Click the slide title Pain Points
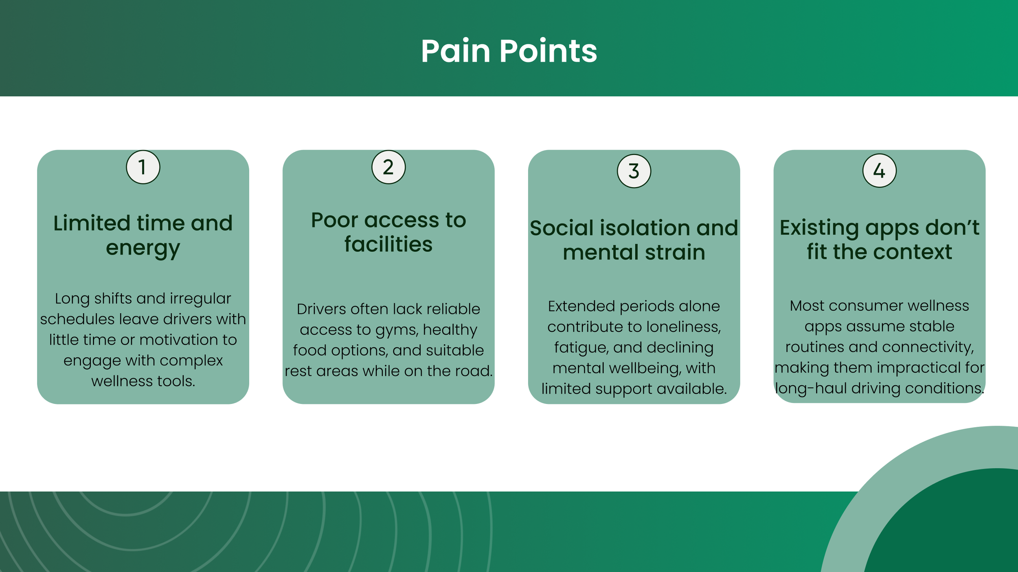tap(509, 51)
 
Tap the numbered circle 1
tap(143, 167)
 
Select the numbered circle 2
tap(388, 167)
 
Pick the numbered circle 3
tap(634, 171)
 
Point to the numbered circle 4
tap(880, 170)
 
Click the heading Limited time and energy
tap(143, 235)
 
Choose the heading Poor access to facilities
tap(388, 232)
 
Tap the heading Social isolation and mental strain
tap(634, 240)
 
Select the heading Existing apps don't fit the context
tap(880, 239)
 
